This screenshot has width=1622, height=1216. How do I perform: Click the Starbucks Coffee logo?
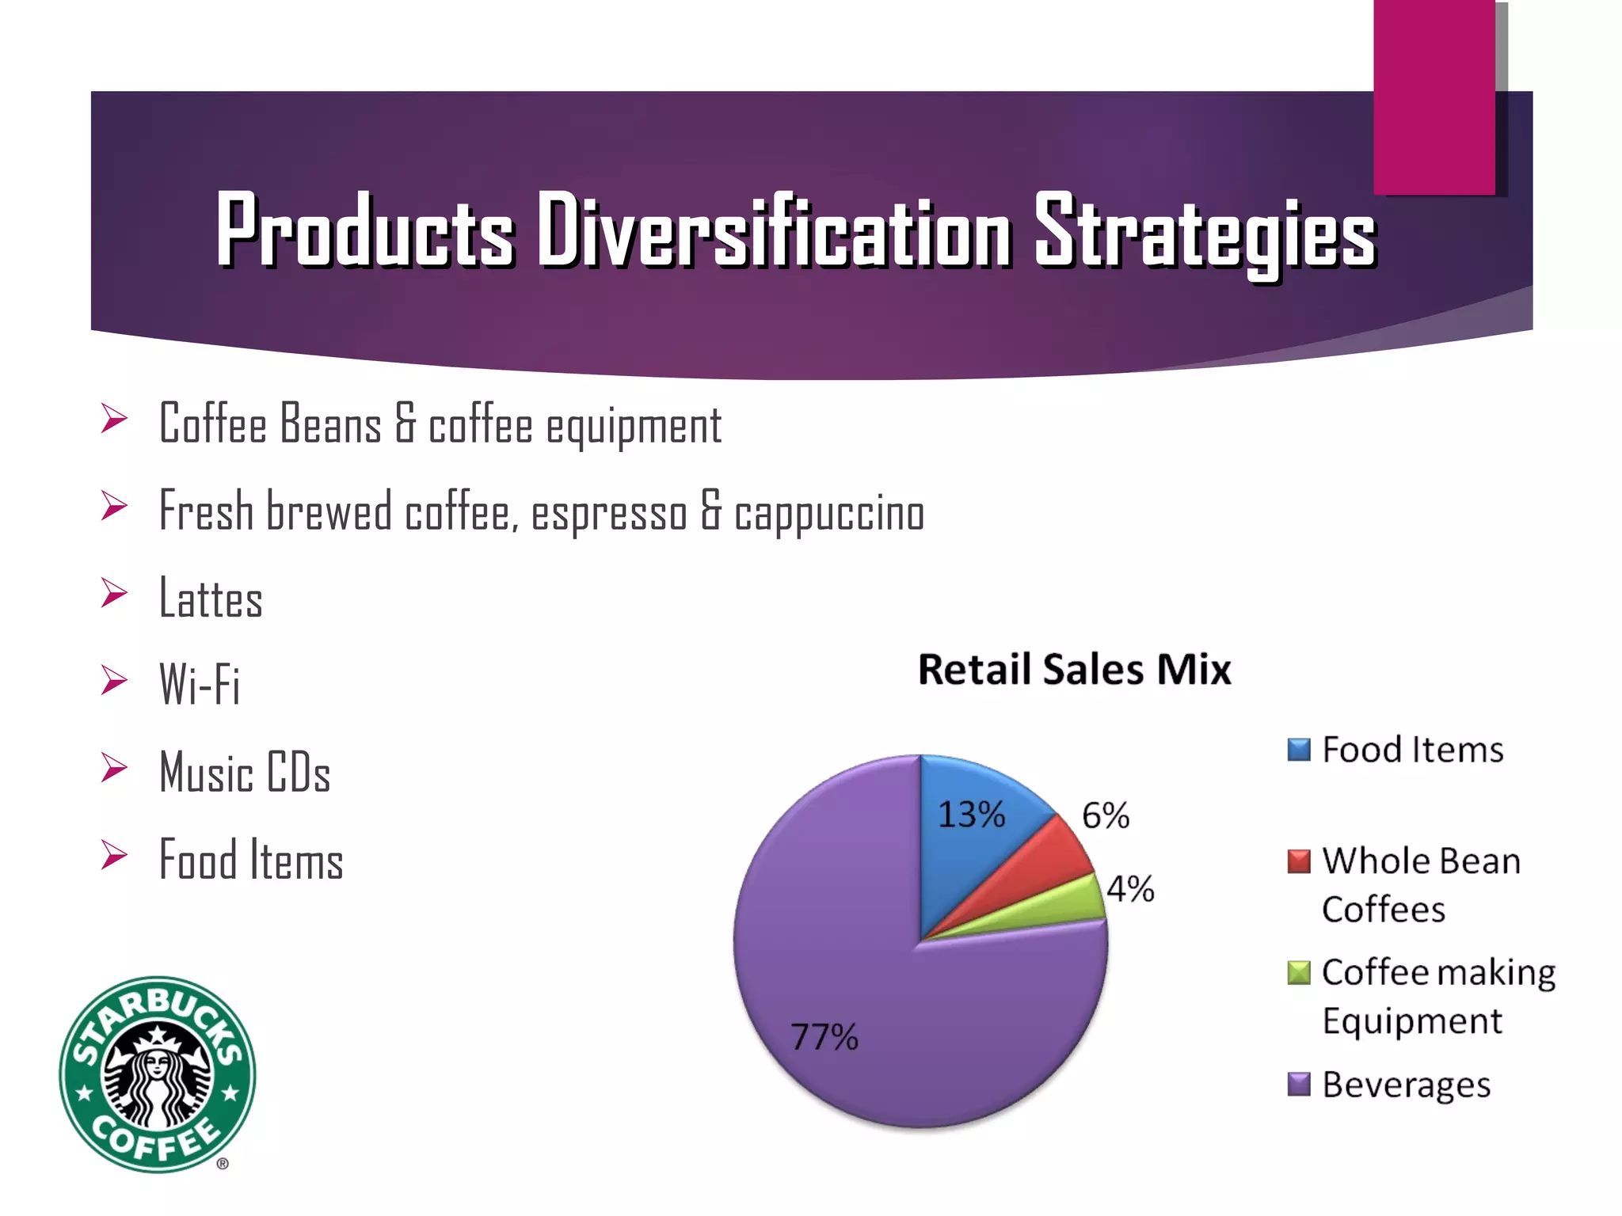pos(158,1074)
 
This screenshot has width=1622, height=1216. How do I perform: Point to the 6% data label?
pos(1106,815)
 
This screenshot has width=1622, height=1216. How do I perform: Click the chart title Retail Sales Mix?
pos(1074,670)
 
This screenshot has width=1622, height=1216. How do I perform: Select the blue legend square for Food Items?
pos(1299,749)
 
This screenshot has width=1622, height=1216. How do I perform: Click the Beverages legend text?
pos(1406,1085)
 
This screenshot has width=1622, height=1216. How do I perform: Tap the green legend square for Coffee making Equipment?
pos(1299,972)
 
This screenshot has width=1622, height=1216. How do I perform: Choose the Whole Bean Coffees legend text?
pos(1420,884)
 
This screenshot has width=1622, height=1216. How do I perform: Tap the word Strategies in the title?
pos(1205,232)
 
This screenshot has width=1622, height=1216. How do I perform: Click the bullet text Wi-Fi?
pos(200,685)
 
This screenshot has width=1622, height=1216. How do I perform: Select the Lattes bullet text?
pos(211,598)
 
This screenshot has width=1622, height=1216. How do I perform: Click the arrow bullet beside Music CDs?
pos(115,768)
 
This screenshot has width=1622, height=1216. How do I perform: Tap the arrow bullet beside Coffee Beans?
pos(115,419)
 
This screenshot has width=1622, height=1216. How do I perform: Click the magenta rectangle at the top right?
pos(1434,95)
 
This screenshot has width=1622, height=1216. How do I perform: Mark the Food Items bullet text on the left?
pos(251,861)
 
